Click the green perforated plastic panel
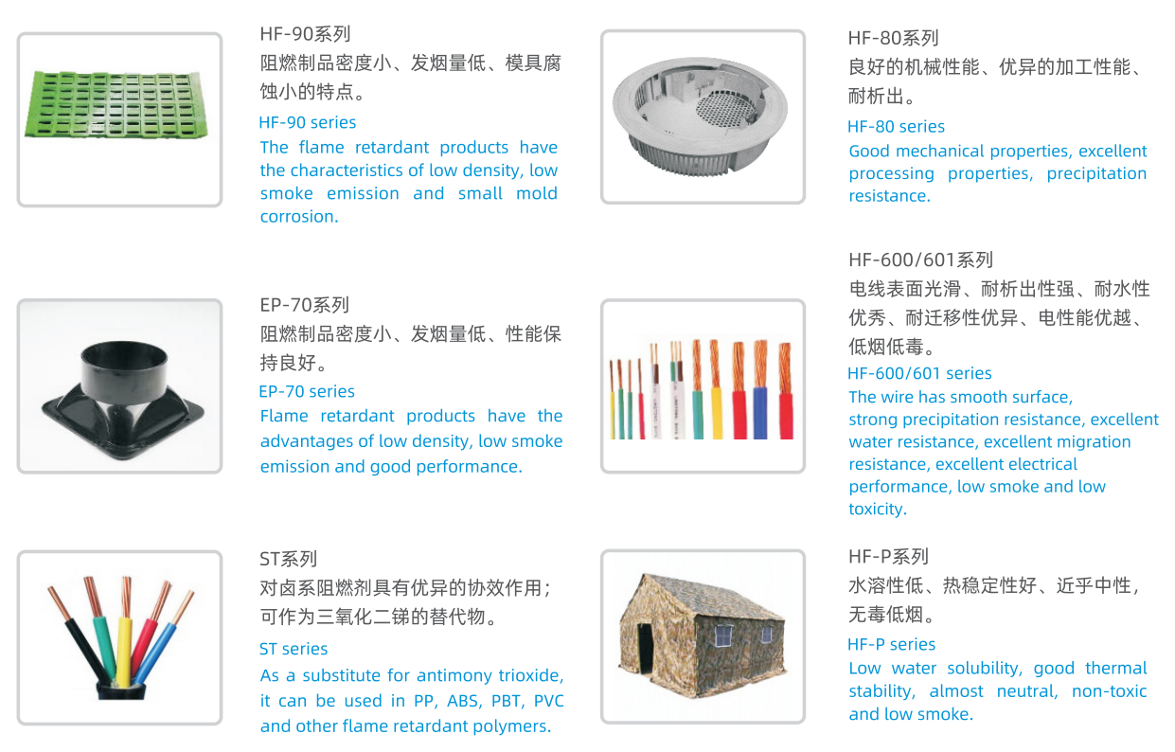pyautogui.click(x=116, y=105)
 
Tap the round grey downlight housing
pyautogui.click(x=701, y=116)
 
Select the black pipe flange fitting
pyautogui.click(x=123, y=399)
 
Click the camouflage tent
pyautogui.click(x=703, y=636)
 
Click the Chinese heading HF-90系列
pyautogui.click(x=305, y=34)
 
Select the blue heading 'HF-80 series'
pyautogui.click(x=896, y=127)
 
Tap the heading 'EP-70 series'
pyautogui.click(x=307, y=391)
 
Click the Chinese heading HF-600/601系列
pyautogui.click(x=920, y=260)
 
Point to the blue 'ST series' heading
pyautogui.click(x=294, y=649)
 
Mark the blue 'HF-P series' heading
pyautogui.click(x=892, y=644)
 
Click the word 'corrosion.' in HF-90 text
pyautogui.click(x=299, y=217)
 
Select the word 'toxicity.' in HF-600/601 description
pyautogui.click(x=878, y=509)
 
